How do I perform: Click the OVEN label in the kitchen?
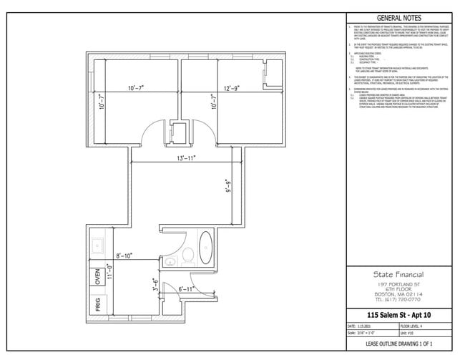98,278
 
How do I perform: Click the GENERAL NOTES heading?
398,19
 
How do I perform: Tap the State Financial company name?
398,274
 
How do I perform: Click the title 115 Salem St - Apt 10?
398,315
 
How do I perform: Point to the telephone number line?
398,301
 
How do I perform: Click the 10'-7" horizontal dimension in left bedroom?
137,88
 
